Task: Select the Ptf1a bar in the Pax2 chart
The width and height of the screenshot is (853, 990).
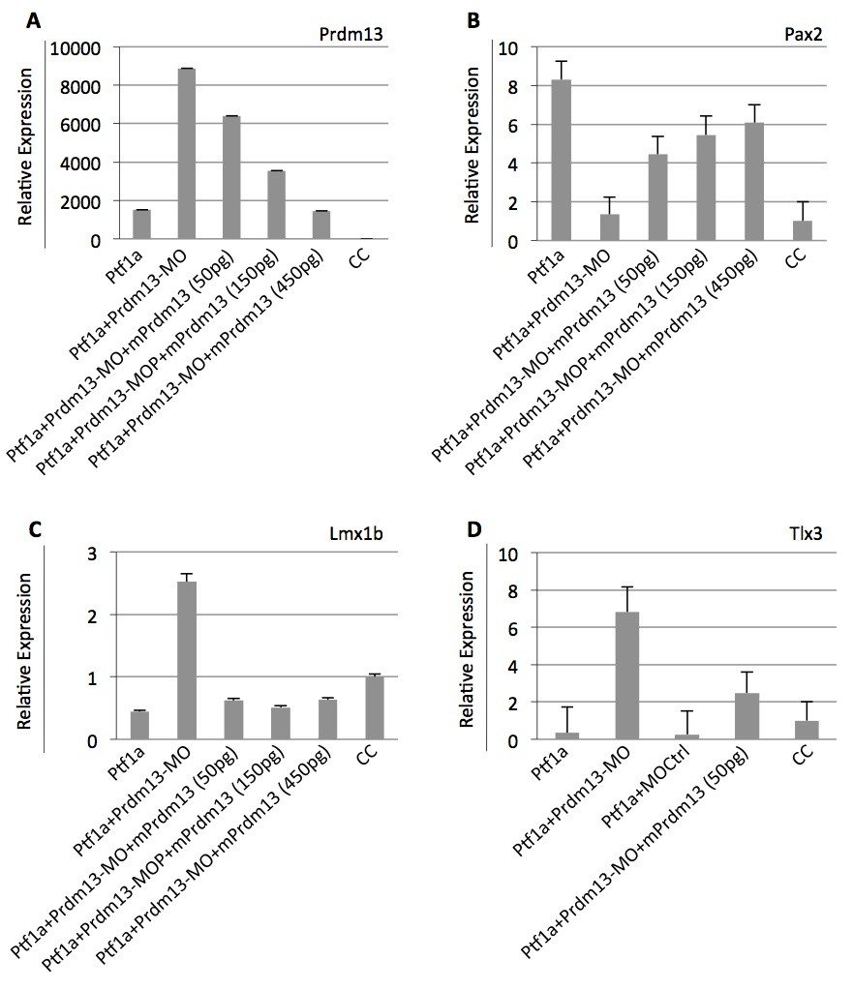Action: click(561, 160)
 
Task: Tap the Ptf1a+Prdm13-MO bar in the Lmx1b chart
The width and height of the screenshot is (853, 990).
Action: click(187, 660)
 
